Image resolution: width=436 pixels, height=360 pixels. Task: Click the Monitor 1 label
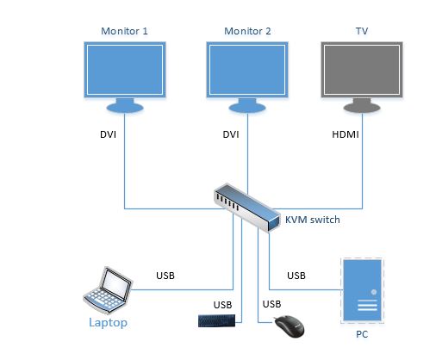coord(124,31)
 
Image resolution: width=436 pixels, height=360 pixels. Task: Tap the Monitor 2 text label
coord(247,31)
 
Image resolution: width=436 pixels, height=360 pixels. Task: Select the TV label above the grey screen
coord(362,31)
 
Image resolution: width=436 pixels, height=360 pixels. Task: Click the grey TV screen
coord(362,70)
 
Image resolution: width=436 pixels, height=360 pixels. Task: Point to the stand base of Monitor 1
coord(125,108)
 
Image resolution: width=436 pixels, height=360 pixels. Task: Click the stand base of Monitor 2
coord(247,108)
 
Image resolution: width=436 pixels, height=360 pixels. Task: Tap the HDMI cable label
coord(346,134)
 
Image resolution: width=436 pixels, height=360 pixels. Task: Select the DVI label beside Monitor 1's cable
coord(108,134)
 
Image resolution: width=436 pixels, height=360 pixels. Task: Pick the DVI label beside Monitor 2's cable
coord(231,134)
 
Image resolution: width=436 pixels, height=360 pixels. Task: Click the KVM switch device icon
coord(246,208)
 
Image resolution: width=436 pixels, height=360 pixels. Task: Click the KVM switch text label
coord(313,220)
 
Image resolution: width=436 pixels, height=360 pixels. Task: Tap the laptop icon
coord(108,289)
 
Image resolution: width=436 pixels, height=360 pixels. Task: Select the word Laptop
coord(108,323)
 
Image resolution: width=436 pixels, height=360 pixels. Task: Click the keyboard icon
coord(216,320)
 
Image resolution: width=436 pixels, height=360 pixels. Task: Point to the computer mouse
coord(289,326)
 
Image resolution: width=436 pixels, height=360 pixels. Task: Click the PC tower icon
coord(362,290)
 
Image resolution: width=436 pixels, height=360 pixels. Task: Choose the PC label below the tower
coord(362,334)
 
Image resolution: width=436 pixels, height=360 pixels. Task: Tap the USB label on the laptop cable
coord(165,276)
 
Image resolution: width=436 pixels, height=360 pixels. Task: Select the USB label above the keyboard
coord(222,305)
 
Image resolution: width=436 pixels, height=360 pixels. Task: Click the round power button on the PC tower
coord(374,292)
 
